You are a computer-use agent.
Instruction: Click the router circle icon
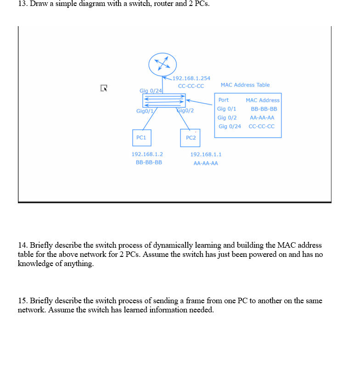pyautogui.click(x=163, y=64)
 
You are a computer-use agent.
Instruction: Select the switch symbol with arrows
pyautogui.click(x=164, y=100)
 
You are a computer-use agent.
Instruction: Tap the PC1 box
pyautogui.click(x=141, y=137)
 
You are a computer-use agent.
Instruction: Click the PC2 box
pyautogui.click(x=191, y=138)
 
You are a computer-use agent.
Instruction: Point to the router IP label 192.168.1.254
pyautogui.click(x=191, y=78)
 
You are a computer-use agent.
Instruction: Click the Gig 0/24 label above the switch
pyautogui.click(x=151, y=90)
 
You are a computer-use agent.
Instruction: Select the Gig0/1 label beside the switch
pyautogui.click(x=145, y=111)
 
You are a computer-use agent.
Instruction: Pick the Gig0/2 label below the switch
pyautogui.click(x=186, y=111)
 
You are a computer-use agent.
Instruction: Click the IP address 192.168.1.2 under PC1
pyautogui.click(x=147, y=155)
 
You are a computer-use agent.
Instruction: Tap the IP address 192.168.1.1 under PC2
pyautogui.click(x=206, y=155)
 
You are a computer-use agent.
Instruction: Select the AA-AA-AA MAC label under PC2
pyautogui.click(x=206, y=163)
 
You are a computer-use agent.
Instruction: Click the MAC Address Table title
pyautogui.click(x=245, y=85)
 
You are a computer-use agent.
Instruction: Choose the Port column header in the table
pyautogui.click(x=224, y=100)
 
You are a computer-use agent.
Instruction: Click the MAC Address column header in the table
pyautogui.click(x=262, y=100)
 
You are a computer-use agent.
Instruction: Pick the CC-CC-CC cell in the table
pyautogui.click(x=261, y=126)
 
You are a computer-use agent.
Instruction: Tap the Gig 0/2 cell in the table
pyautogui.click(x=227, y=117)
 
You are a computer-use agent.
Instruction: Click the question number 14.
pyautogui.click(x=22, y=245)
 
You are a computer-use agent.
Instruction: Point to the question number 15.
pyautogui.click(x=22, y=301)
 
